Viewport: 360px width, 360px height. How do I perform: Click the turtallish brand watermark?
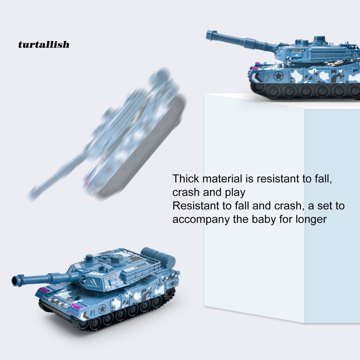(44, 44)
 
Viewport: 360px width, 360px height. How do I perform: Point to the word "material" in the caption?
(223, 179)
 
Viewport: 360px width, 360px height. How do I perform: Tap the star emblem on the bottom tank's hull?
(102, 309)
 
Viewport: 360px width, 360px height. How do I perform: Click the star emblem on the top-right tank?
(279, 76)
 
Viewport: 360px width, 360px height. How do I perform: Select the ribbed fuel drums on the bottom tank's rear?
(159, 256)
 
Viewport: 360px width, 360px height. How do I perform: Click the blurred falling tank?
(108, 136)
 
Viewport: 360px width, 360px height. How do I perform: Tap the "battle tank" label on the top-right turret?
(298, 50)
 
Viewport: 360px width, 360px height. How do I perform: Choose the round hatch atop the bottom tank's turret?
(89, 258)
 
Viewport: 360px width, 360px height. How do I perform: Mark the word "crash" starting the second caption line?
(186, 192)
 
